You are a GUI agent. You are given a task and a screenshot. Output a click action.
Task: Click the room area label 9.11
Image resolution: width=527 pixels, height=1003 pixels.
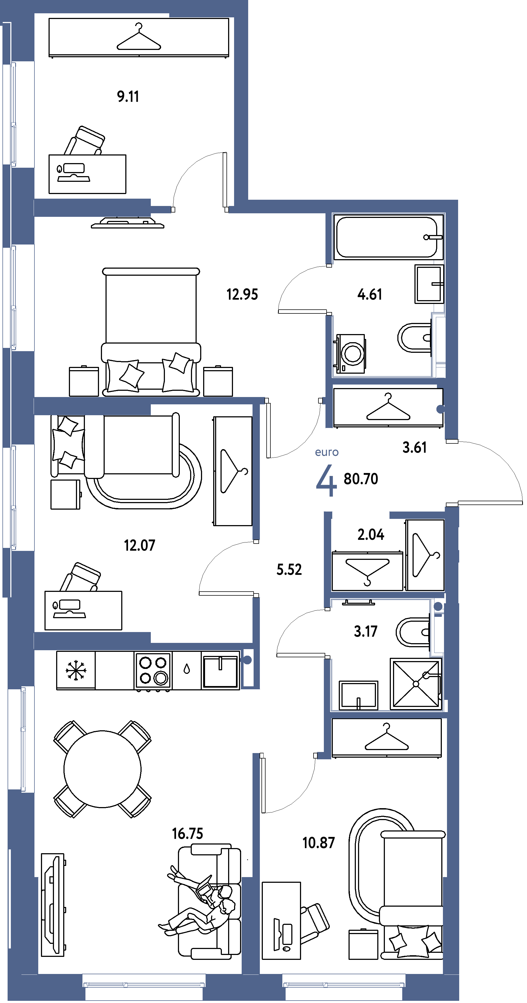tap(128, 96)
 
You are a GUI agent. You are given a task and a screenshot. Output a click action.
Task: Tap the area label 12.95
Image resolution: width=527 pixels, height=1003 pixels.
tap(242, 294)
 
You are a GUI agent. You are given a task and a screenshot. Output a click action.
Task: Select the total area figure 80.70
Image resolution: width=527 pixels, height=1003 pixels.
tap(361, 479)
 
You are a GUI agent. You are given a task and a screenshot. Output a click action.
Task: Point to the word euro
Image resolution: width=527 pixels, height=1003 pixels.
tap(327, 452)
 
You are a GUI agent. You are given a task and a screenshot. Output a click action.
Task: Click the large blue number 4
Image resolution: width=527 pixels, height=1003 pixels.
tap(326, 481)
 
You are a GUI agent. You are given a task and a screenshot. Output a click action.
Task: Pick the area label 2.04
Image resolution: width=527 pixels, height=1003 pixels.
tap(371, 535)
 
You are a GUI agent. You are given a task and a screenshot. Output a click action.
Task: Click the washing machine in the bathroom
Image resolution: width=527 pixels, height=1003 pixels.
tap(350, 354)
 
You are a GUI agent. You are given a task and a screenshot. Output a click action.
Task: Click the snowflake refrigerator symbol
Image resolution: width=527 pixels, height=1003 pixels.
tap(75, 670)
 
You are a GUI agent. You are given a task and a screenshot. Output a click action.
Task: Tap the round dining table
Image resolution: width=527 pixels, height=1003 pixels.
tap(102, 769)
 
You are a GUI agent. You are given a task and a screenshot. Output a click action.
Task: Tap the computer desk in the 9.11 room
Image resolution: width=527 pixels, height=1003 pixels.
tap(87, 174)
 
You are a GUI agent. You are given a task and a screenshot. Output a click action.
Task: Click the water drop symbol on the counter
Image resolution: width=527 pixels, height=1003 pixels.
tap(187, 669)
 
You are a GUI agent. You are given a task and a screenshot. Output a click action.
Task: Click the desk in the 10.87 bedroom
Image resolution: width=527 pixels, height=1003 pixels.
tap(281, 921)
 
